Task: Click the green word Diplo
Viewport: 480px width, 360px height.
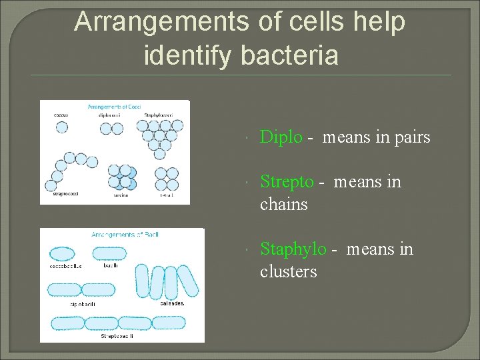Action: (x=281, y=137)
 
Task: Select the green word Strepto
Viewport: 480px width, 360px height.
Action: (x=286, y=181)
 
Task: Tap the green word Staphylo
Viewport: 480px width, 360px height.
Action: (x=293, y=249)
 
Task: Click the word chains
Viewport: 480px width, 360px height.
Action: (x=283, y=204)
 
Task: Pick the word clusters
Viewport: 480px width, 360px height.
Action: (x=288, y=272)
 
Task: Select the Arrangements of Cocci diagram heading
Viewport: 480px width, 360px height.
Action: (x=115, y=107)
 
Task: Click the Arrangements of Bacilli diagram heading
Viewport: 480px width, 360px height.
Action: (x=125, y=235)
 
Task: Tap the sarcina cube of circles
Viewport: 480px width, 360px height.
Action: (x=121, y=177)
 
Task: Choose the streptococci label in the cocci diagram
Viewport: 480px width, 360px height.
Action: (x=65, y=194)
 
